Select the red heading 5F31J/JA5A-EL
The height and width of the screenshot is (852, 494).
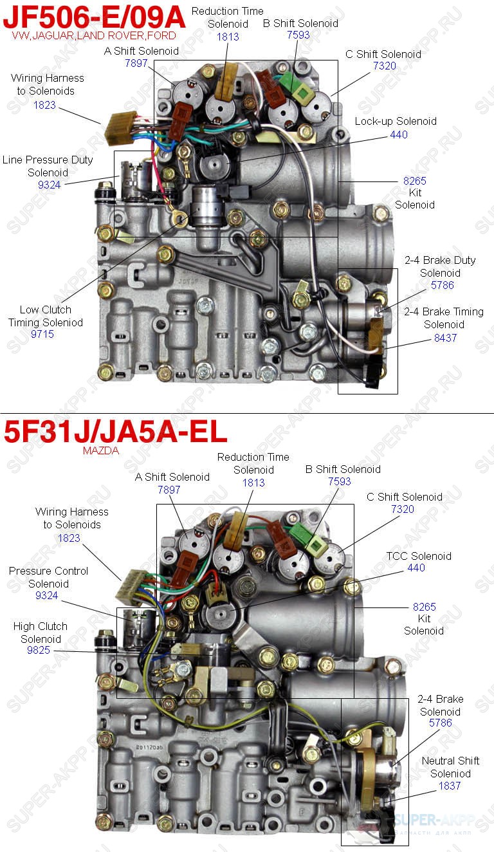[x=116, y=432]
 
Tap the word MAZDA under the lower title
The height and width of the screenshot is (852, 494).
[x=101, y=451]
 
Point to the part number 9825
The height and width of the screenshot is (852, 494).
[x=40, y=651]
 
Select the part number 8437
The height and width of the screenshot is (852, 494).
[x=444, y=337]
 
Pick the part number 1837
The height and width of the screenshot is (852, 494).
[x=450, y=786]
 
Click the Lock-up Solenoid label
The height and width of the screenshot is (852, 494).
[x=395, y=121]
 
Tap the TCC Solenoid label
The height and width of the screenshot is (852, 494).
[x=418, y=556]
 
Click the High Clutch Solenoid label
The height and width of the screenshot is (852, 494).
[x=40, y=633]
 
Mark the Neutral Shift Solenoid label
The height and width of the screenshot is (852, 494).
[x=450, y=767]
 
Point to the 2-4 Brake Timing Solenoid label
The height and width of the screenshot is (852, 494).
[x=444, y=318]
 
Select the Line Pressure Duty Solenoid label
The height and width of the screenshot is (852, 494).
[x=47, y=166]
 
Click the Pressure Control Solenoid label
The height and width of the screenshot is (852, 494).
[x=48, y=577]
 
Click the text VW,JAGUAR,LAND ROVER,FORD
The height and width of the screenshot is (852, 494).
[x=94, y=36]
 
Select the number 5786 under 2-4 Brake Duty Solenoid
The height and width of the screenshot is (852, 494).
[x=442, y=285]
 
